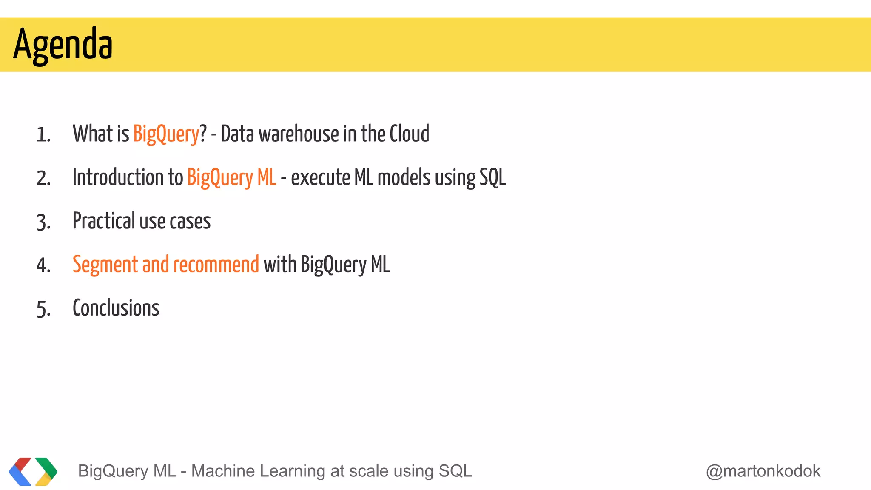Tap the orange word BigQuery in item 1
(x=166, y=134)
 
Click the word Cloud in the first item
(x=409, y=134)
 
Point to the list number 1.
(x=43, y=135)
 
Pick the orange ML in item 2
(x=267, y=177)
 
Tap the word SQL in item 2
(x=492, y=177)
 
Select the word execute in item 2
(x=320, y=177)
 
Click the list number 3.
(x=43, y=222)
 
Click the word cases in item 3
(x=190, y=221)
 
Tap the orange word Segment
(x=105, y=265)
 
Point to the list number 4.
(x=43, y=266)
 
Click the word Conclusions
(x=116, y=308)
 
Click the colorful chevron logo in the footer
(x=33, y=471)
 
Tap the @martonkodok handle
(x=763, y=471)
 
